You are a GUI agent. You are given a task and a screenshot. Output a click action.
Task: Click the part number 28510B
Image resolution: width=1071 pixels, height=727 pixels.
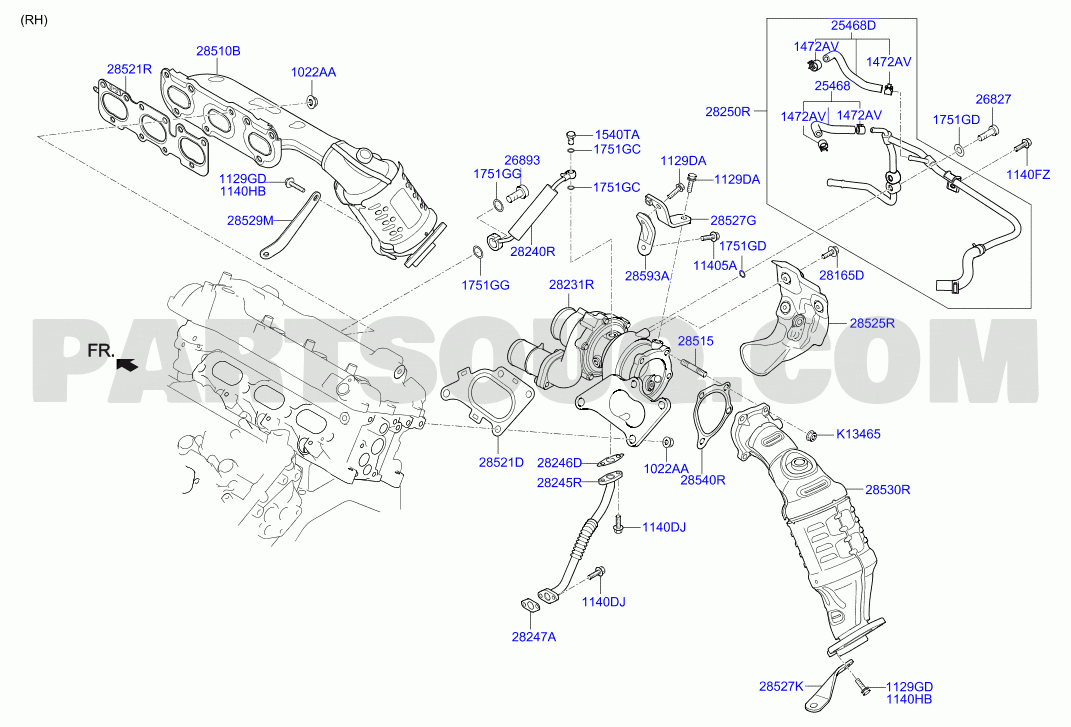coord(218,51)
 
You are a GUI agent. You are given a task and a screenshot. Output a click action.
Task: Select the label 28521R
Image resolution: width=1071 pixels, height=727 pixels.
coord(129,69)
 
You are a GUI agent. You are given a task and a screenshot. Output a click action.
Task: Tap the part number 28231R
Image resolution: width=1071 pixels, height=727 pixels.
coord(571,285)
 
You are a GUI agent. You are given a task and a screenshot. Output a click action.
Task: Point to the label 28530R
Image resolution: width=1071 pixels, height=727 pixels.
coord(888,490)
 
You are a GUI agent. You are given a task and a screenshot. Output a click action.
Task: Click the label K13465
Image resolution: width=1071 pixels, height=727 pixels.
coord(859,434)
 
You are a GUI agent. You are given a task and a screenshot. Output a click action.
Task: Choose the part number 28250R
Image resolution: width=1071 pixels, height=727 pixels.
coord(727,111)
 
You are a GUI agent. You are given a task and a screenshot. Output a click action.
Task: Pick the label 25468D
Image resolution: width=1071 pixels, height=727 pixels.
coord(853,26)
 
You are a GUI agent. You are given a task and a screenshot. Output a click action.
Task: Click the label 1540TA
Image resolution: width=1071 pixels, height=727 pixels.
coord(617,135)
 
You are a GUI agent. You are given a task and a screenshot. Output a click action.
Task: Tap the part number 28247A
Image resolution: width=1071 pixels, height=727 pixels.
coord(534,637)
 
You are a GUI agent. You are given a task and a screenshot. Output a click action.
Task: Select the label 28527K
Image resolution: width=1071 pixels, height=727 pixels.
coord(781,687)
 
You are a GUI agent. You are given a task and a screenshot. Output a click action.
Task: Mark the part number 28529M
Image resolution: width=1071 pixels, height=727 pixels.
coord(250,221)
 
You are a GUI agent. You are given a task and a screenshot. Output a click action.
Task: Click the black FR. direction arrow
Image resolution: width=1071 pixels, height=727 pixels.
coord(128,365)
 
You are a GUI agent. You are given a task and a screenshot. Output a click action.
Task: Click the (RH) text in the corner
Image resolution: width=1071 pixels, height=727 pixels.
coord(33,20)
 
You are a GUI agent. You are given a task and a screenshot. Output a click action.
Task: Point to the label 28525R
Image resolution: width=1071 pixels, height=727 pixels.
coord(872,323)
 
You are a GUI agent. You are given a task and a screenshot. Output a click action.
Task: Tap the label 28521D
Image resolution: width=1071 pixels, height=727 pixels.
coord(501,463)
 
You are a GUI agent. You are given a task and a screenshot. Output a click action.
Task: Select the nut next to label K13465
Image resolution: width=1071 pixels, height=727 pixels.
coord(812,435)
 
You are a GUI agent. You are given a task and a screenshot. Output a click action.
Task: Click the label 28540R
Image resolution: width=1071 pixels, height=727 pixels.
coord(703,480)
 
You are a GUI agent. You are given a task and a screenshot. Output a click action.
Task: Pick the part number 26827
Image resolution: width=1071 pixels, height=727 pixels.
coord(993,100)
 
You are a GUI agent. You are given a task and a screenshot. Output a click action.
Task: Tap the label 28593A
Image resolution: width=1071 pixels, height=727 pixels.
coord(647,276)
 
